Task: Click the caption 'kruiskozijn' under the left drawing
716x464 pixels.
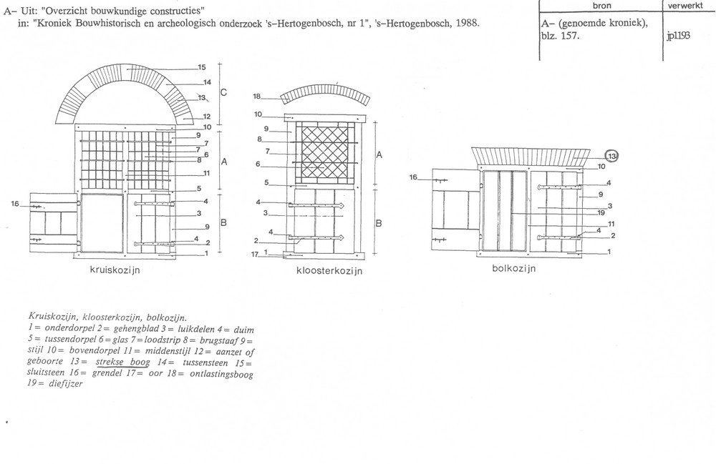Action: coord(115,270)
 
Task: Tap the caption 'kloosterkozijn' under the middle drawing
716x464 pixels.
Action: coord(329,271)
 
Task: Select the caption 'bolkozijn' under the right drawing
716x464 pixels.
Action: coord(513,268)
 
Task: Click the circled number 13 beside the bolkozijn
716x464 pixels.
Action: coord(612,157)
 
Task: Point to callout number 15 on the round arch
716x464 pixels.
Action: coord(201,67)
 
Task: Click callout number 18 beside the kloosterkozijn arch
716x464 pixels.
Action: coord(257,97)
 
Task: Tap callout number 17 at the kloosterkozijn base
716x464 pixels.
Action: coord(255,254)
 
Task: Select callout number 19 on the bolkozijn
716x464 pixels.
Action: coord(601,213)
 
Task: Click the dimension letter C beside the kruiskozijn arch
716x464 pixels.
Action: coord(223,92)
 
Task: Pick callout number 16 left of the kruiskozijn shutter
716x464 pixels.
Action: coord(15,204)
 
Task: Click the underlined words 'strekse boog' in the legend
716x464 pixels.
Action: coord(122,362)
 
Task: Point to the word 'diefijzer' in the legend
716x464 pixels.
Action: coord(66,384)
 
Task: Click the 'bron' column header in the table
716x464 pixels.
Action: coord(602,6)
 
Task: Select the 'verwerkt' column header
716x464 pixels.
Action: coord(685,6)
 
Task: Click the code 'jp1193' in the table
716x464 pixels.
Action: coord(678,36)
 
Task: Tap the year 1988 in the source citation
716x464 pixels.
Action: coord(466,23)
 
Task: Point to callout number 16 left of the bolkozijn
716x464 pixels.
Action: coord(413,177)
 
